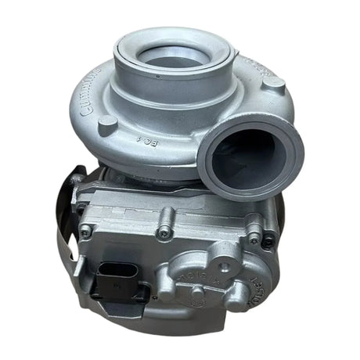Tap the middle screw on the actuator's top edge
coord(163,232)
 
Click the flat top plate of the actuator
coord(149,200)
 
